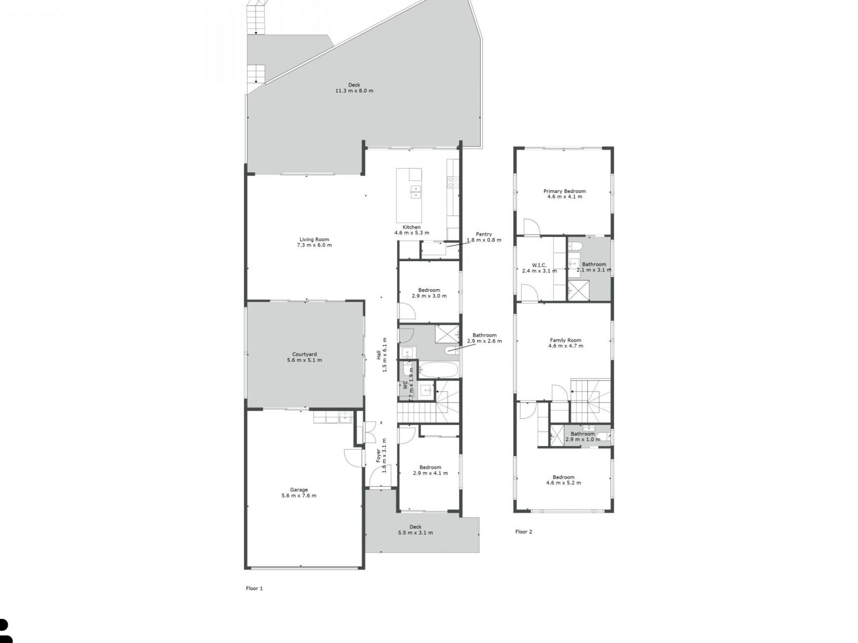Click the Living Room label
pyautogui.click(x=314, y=240)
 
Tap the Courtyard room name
pyautogui.click(x=304, y=355)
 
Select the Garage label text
pyautogui.click(x=299, y=490)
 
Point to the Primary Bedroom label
pyautogui.click(x=564, y=191)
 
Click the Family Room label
pyautogui.click(x=565, y=340)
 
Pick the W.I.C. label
pyautogui.click(x=539, y=265)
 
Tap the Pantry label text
pyautogui.click(x=484, y=234)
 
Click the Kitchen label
pyautogui.click(x=412, y=227)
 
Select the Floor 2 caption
pyautogui.click(x=524, y=532)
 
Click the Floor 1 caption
pyautogui.click(x=254, y=589)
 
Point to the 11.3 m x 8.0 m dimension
pyautogui.click(x=354, y=91)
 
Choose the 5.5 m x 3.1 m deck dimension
pyautogui.click(x=416, y=533)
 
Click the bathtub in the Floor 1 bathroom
pyautogui.click(x=438, y=370)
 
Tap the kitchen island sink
pyautogui.click(x=416, y=192)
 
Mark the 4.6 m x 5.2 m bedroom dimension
pyautogui.click(x=564, y=483)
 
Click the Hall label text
pyautogui.click(x=379, y=355)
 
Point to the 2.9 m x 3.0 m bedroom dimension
pyautogui.click(x=429, y=296)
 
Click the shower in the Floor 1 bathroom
pyautogui.click(x=447, y=337)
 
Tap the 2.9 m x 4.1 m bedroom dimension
pyautogui.click(x=430, y=473)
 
